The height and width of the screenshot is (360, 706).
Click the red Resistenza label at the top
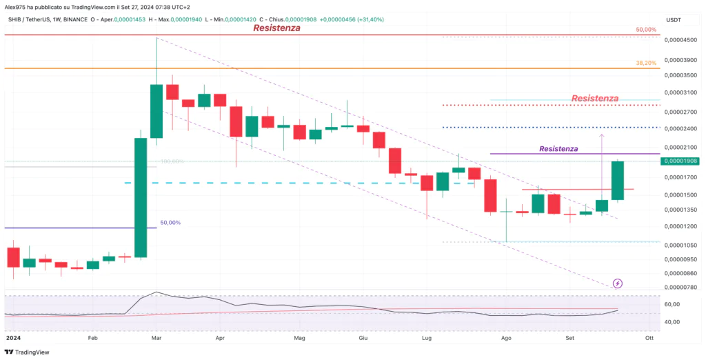276,28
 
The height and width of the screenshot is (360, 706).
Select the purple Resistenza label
558,148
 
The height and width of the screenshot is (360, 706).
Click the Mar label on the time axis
157,339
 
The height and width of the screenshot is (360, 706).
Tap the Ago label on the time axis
507,339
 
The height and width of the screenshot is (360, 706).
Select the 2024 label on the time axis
13,339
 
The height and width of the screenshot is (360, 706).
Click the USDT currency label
673,20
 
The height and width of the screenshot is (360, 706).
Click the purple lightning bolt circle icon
618,283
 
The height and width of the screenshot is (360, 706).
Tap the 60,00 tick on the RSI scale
671,304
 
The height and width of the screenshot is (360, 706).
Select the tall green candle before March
141,197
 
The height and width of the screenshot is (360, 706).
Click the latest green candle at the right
618,181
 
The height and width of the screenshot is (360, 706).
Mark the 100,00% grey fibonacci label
172,161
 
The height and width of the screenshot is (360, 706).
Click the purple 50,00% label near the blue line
170,223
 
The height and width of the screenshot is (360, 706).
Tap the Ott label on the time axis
649,339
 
